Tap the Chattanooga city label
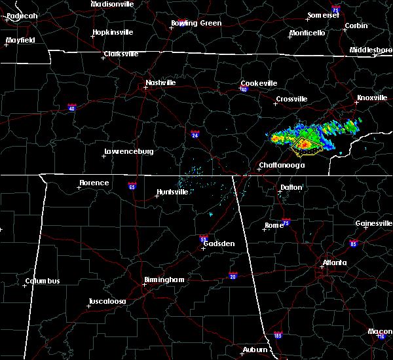pos(282,166)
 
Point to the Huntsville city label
pos(172,192)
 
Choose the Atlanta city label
pos(334,264)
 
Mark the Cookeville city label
pos(259,83)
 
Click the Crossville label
pos(291,99)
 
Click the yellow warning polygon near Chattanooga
pos(307,147)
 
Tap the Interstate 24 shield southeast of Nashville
pos(195,135)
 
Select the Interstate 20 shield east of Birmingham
pos(233,276)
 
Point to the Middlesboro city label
pos(371,50)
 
